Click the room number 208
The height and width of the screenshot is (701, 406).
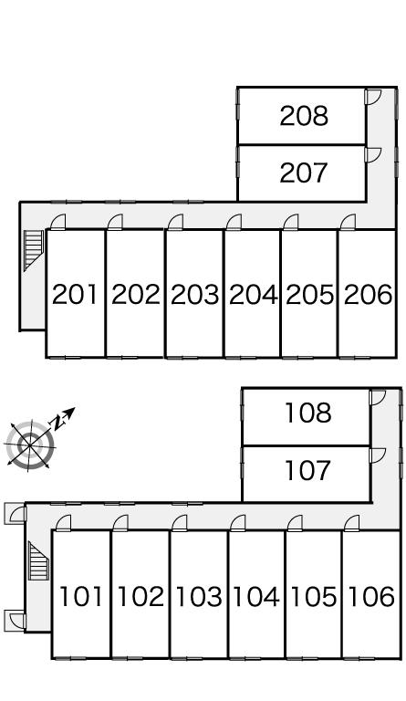[304, 116]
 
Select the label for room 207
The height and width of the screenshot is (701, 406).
[304, 173]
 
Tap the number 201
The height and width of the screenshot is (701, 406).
[75, 295]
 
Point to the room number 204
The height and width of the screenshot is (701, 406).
[254, 295]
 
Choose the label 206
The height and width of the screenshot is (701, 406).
[368, 295]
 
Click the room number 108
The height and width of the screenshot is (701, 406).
[308, 413]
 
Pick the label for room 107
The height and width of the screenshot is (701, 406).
[308, 470]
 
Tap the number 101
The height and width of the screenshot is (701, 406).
[80, 596]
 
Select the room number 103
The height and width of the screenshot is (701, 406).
[199, 596]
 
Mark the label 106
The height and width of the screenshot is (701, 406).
[371, 596]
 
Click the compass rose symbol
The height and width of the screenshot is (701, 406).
[30, 445]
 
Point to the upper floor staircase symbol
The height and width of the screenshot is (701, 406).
[33, 250]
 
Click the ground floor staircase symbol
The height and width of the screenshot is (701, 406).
[38, 561]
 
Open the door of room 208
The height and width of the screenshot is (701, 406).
[372, 97]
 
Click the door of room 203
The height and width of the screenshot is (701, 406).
[176, 222]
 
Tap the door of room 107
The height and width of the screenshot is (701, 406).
[378, 455]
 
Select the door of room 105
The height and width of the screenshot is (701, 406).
[295, 524]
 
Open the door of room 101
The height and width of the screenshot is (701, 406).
[64, 524]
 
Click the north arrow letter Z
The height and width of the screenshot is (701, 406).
[57, 422]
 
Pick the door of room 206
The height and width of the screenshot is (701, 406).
[348, 222]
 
